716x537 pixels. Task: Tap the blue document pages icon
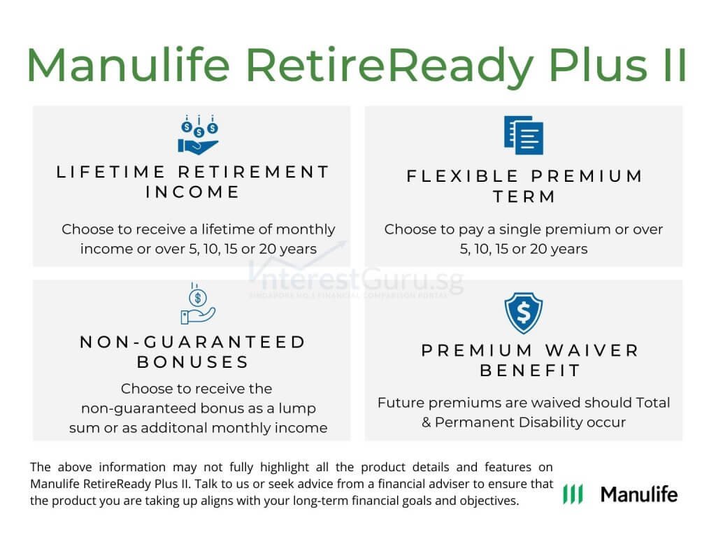524,135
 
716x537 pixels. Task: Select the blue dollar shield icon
524,314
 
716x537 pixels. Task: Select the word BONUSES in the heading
193,362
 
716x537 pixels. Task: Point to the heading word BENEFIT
531,371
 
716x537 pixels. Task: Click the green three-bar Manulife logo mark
573,494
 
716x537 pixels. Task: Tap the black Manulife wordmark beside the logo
639,494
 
